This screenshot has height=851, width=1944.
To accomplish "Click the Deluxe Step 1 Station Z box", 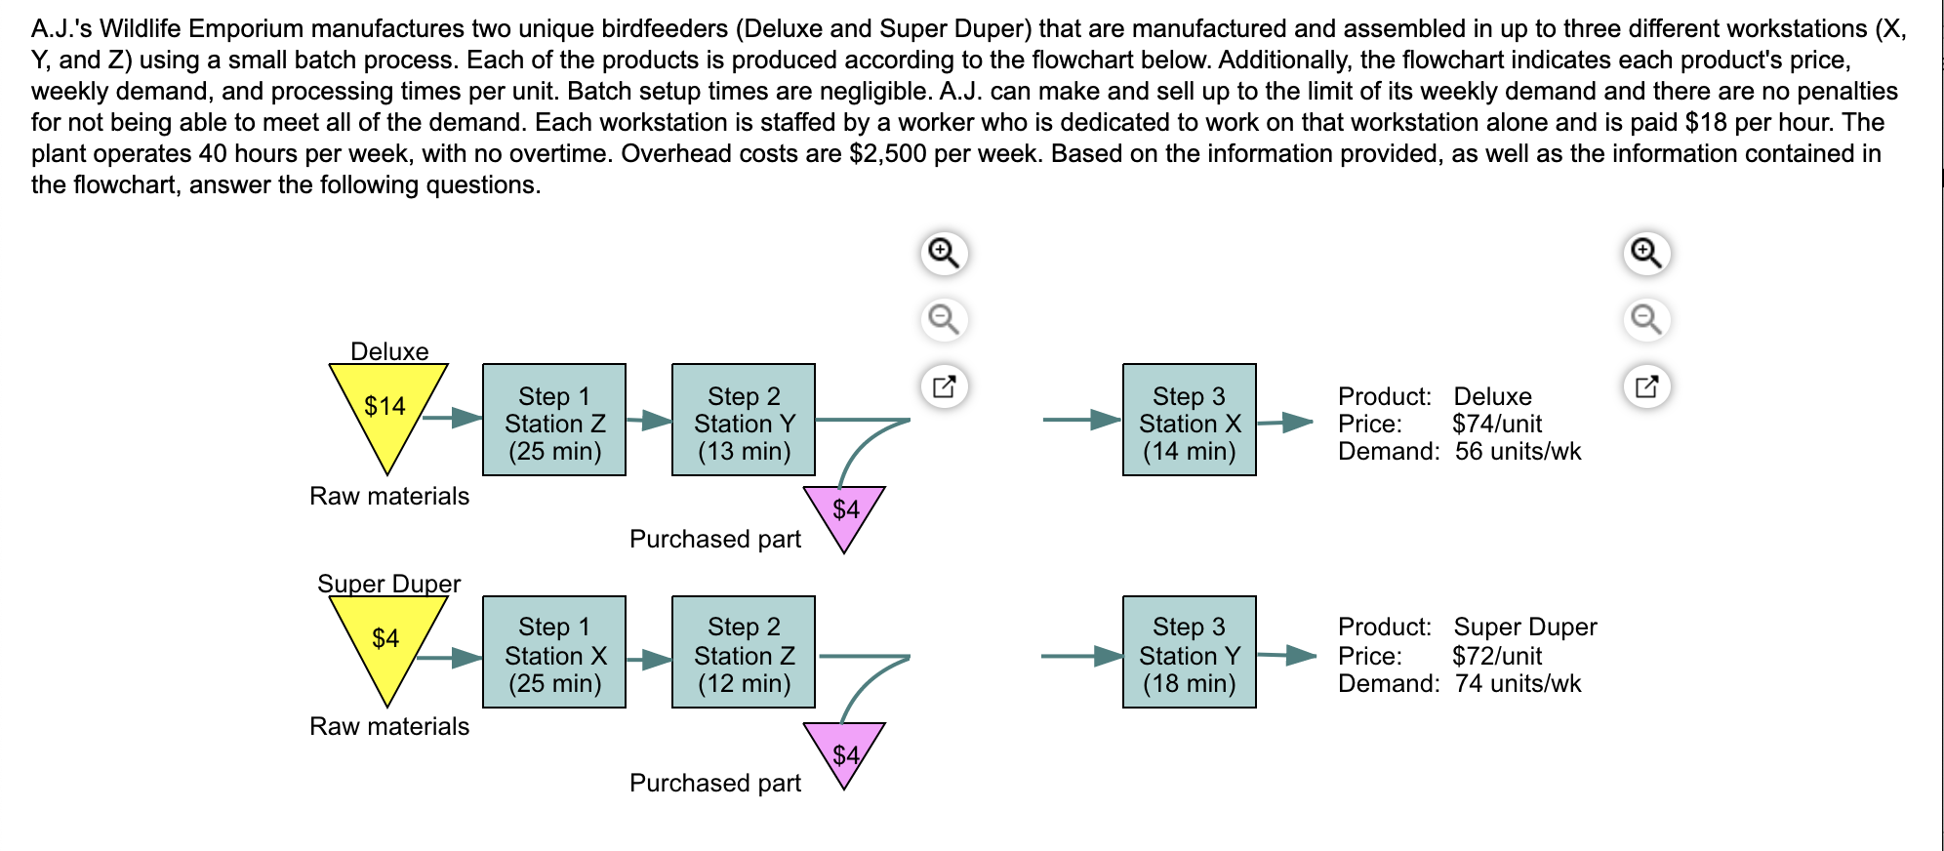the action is pos(554,420).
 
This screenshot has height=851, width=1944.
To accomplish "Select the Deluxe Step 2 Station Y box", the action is pos(744,420).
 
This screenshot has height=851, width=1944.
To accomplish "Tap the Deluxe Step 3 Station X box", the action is pos(1190,420).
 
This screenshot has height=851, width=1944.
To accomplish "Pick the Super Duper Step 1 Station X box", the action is pos(554,652).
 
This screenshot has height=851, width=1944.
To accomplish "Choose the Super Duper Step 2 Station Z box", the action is pos(744,652).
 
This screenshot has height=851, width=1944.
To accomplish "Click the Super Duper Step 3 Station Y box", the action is pos(1190,652).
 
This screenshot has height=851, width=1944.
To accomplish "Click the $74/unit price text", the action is pos(1497,424).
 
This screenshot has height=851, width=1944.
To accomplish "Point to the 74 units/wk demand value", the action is pos(1518,683).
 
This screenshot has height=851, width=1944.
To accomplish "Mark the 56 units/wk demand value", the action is pos(1518,451).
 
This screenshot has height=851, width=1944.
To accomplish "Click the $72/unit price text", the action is pos(1497,656).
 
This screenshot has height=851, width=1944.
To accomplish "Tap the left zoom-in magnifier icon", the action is pos(944,253).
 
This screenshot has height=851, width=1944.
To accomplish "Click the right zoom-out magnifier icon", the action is pos(1646,319).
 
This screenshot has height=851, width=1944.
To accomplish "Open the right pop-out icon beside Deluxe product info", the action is pos(1646,386).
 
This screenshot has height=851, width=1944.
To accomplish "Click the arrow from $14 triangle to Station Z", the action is pos(453,419).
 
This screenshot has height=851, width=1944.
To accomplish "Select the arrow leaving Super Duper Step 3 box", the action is pos(1286,655).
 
